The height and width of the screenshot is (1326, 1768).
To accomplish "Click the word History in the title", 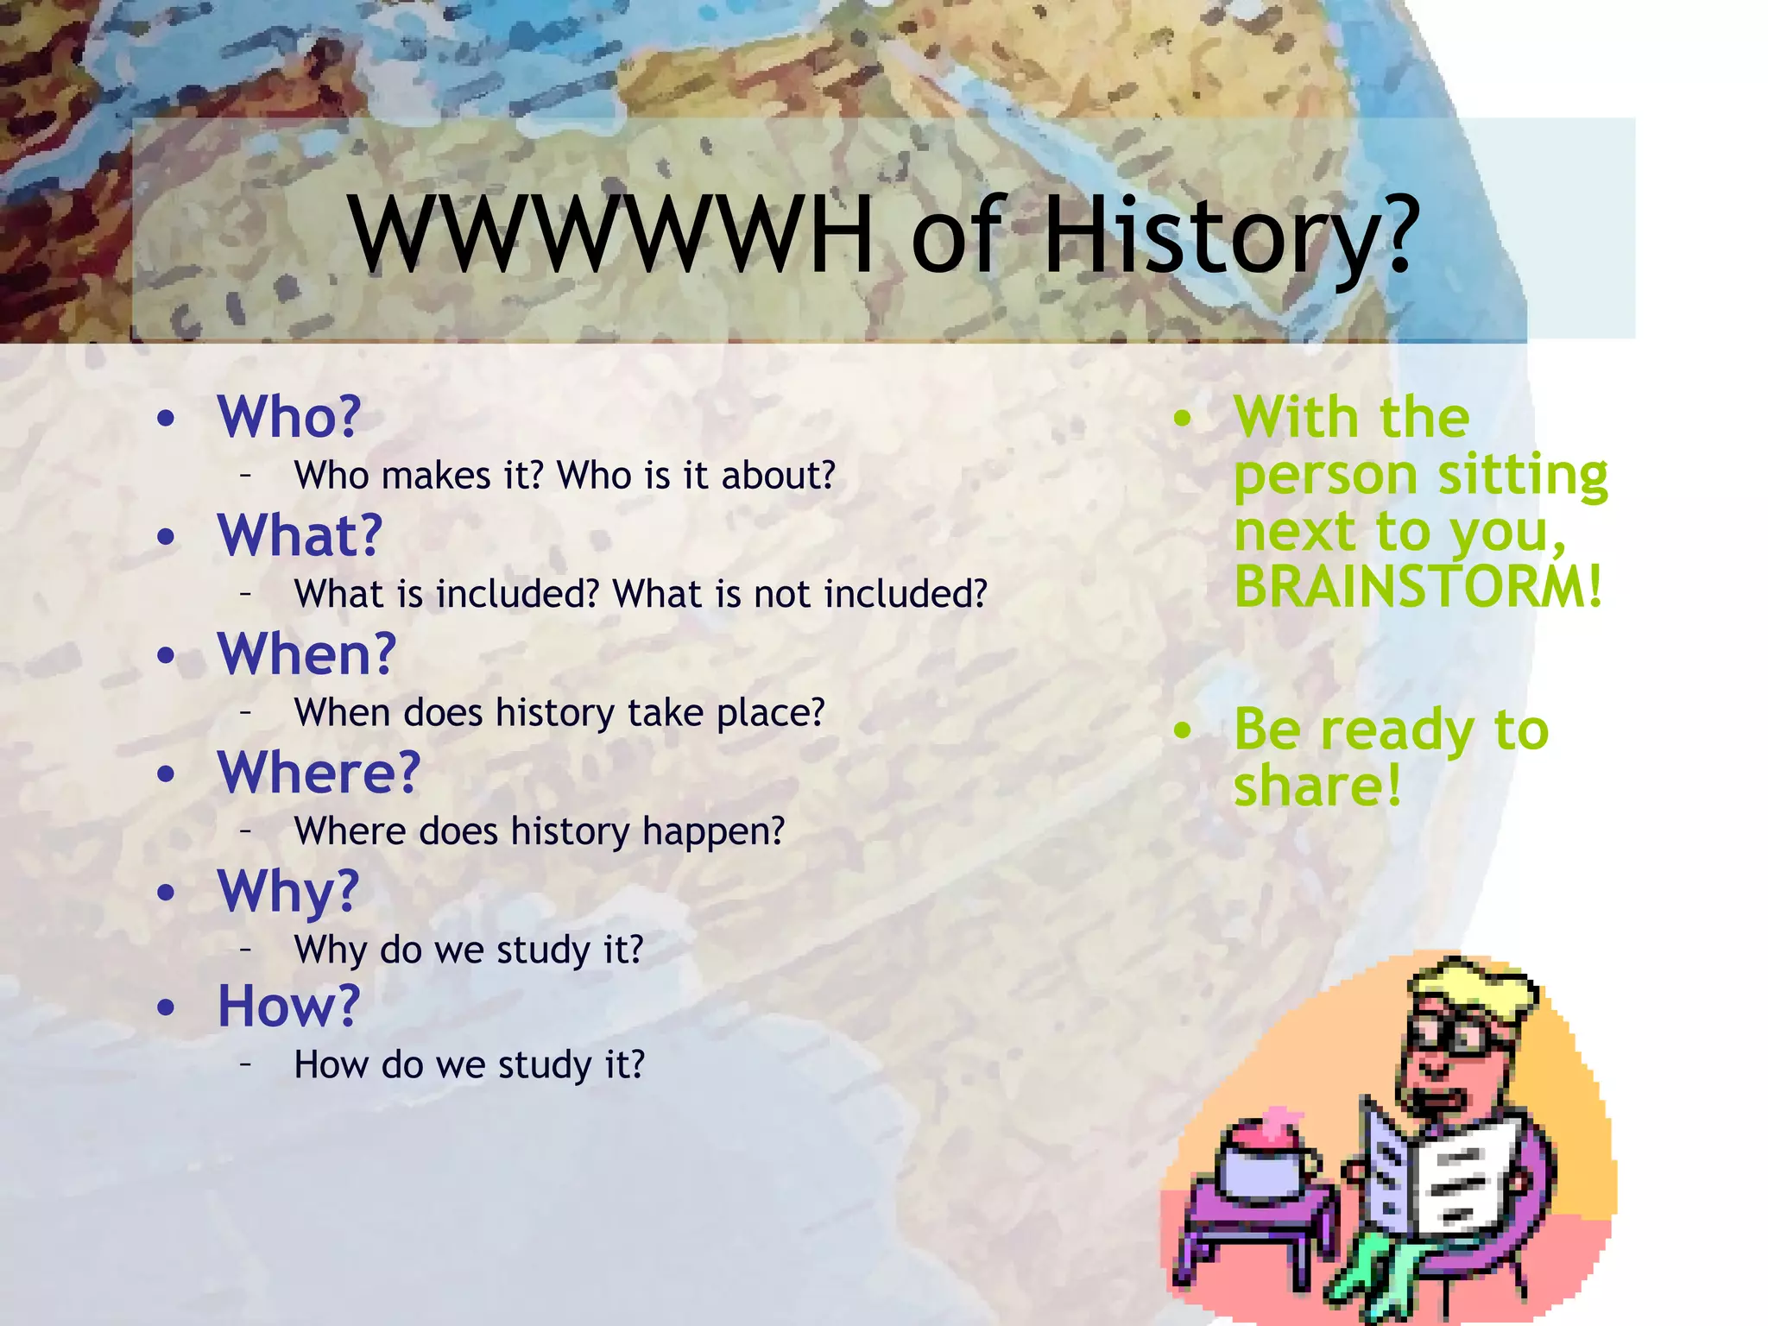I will tap(1230, 235).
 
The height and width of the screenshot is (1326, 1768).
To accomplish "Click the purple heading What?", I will tap(300, 535).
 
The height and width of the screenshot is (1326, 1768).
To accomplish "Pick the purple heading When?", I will tap(306, 654).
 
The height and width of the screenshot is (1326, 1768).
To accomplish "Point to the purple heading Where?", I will tap(319, 772).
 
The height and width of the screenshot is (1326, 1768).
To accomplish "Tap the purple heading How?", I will tap(287, 1006).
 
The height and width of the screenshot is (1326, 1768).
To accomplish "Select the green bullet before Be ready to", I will tap(1182, 731).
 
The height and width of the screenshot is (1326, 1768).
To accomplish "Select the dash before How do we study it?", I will tap(246, 1064).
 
